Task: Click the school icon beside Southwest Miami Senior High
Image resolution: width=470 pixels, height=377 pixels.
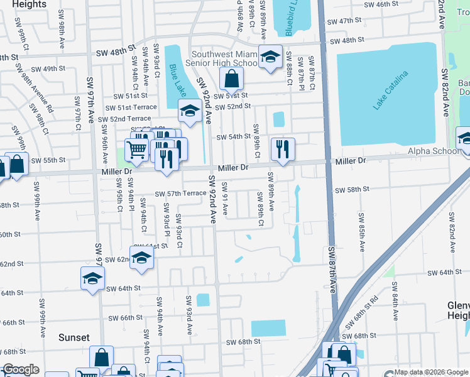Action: tap(270, 58)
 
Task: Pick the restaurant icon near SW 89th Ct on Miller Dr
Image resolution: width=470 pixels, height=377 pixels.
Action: tap(283, 149)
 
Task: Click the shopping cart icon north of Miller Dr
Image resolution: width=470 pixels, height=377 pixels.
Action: tap(137, 149)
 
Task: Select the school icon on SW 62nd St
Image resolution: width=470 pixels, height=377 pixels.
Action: tap(142, 257)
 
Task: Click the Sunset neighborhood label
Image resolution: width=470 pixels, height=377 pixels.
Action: tap(74, 337)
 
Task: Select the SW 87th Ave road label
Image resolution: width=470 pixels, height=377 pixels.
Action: tap(332, 270)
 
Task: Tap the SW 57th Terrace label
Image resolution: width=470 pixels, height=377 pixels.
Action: tap(181, 193)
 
